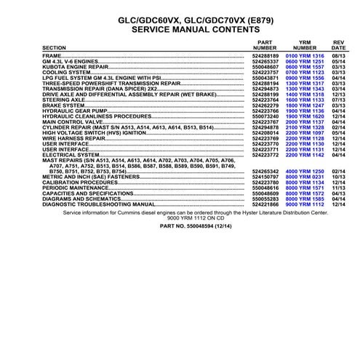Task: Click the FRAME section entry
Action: [52, 55]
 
